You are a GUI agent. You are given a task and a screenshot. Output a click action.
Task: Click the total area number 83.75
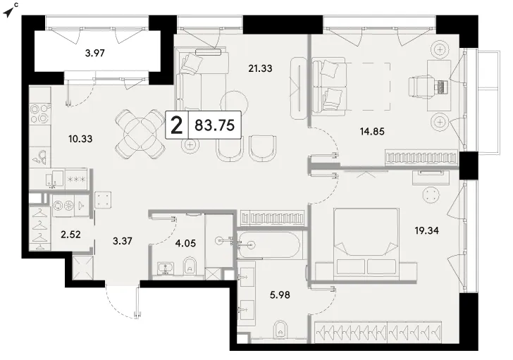tap(215, 125)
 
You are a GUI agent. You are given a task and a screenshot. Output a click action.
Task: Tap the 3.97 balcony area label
tap(95, 53)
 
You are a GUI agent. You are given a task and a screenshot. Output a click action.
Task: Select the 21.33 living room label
tap(260, 68)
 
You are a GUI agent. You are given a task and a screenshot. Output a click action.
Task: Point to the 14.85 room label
tap(372, 132)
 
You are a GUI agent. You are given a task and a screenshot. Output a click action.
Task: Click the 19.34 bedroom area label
tap(426, 230)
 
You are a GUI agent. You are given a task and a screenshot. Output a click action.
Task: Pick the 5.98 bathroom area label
tap(280, 295)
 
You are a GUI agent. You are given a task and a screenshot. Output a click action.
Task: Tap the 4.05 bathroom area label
tap(185, 243)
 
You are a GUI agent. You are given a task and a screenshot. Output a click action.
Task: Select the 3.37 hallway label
tap(123, 242)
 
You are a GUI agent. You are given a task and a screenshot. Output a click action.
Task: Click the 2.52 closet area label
tap(70, 235)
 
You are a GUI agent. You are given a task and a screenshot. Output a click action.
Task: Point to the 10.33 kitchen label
tap(80, 139)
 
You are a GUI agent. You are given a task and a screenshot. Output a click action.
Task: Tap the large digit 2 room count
tap(177, 125)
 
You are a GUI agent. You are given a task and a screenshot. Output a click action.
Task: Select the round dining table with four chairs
tap(140, 134)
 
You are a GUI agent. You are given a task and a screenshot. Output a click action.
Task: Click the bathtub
tap(268, 244)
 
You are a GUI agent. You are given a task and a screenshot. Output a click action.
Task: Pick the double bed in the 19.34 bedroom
tap(366, 244)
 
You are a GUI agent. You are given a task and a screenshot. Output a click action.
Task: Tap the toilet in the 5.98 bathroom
tap(280, 329)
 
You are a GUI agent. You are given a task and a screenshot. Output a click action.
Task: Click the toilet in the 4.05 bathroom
tap(190, 266)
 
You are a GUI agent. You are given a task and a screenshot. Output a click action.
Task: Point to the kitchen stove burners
tap(39, 113)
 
